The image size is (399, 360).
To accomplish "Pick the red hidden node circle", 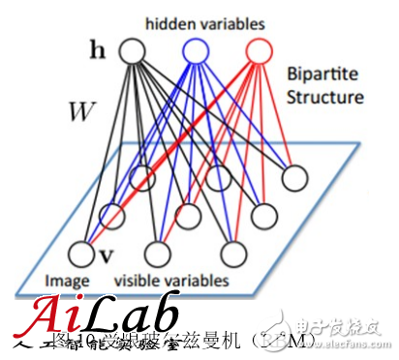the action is (x=257, y=48).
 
